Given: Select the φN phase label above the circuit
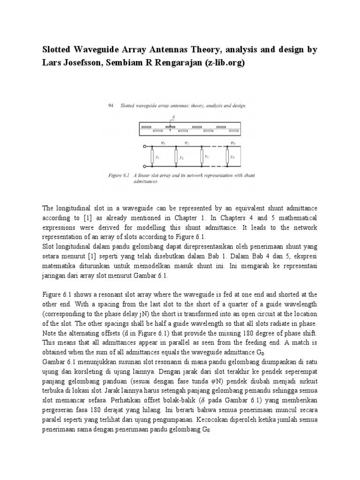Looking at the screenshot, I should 233,142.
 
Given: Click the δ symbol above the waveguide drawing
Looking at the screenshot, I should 173,117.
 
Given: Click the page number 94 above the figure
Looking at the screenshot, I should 111,106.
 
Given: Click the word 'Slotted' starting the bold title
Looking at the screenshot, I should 60,49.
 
